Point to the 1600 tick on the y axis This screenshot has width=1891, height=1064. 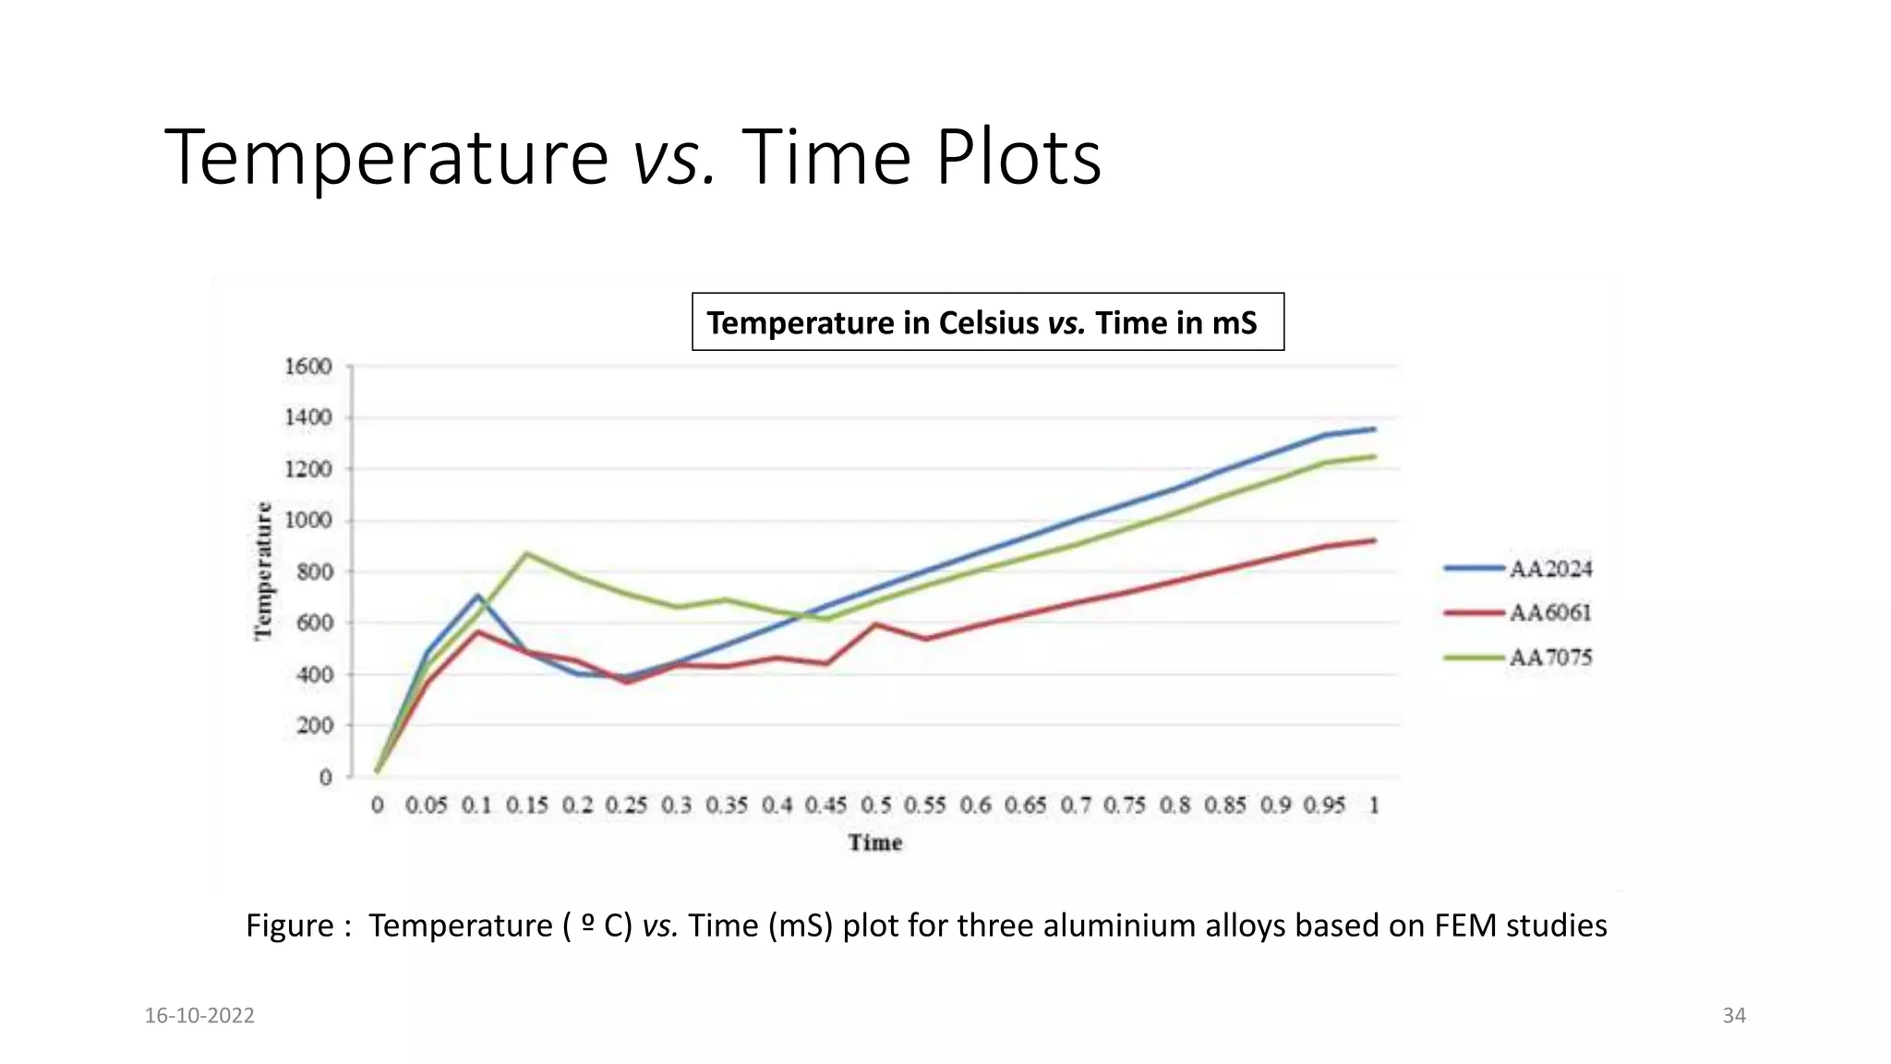pyautogui.click(x=307, y=367)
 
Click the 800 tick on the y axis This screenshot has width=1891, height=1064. pyautogui.click(x=314, y=572)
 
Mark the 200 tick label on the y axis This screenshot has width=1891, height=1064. pyautogui.click(x=314, y=726)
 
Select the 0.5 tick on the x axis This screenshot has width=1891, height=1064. pyautogui.click(x=875, y=805)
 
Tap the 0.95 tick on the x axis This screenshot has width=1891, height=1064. pyautogui.click(x=1324, y=805)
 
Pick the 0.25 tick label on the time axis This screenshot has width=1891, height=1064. pyautogui.click(x=626, y=805)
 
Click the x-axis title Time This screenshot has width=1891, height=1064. pyautogui.click(x=874, y=842)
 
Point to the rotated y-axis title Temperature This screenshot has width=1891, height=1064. pyautogui.click(x=264, y=571)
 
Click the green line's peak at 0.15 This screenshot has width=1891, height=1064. pyautogui.click(x=526, y=553)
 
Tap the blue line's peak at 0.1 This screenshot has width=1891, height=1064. pyautogui.click(x=477, y=595)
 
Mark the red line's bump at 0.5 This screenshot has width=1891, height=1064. pyautogui.click(x=875, y=624)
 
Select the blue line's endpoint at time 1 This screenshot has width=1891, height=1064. pyautogui.click(x=1374, y=429)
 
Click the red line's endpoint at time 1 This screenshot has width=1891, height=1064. pyautogui.click(x=1374, y=540)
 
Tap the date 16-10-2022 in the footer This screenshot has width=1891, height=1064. pyautogui.click(x=199, y=1016)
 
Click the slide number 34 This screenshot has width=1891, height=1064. pyautogui.click(x=1734, y=1016)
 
